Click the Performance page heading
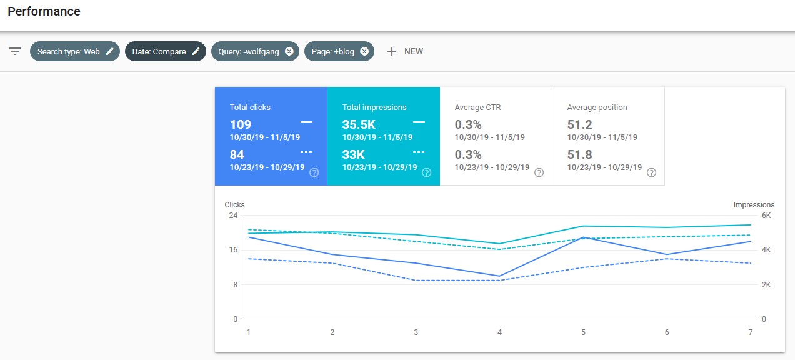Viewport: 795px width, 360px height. [44, 11]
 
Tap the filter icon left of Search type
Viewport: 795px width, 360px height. [15, 51]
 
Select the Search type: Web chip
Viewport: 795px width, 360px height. [74, 51]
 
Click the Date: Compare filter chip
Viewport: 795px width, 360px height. [166, 51]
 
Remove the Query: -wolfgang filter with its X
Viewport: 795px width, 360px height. [289, 51]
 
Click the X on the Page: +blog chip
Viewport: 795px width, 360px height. [364, 51]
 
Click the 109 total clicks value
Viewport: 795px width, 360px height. [241, 124]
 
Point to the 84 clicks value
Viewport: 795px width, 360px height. [237, 154]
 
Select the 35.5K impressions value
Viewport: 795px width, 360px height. [359, 124]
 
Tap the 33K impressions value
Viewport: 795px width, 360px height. [353, 154]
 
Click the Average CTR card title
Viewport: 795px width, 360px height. [477, 107]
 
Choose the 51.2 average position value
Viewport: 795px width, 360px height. [579, 124]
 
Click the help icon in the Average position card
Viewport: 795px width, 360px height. [651, 172]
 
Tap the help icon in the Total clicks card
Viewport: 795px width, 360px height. [314, 172]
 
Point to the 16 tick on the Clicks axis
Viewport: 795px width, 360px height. [233, 250]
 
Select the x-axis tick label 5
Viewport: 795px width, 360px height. [583, 332]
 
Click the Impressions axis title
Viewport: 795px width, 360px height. [754, 205]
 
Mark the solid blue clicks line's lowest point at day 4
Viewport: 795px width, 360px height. [499, 276]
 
